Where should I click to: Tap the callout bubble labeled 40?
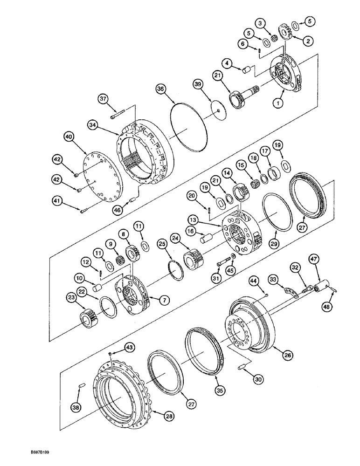(x=69, y=137)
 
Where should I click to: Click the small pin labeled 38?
(x=81, y=385)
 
